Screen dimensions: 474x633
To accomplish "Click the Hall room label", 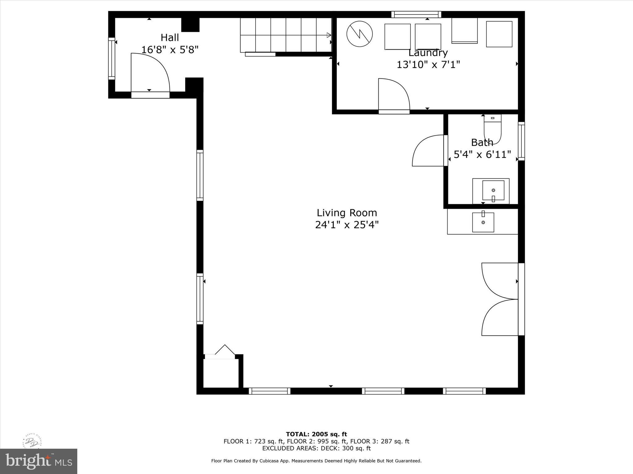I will pos(170,38).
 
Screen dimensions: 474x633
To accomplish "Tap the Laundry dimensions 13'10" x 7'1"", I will pos(428,65).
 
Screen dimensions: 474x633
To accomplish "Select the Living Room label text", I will pos(347,213).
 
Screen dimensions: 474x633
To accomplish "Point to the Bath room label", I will pos(482,143).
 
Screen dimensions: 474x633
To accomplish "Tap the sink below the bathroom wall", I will pos(483,222).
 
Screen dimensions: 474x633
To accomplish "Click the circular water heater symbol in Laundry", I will pos(359,34).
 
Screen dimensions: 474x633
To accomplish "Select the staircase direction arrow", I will pos(329,35).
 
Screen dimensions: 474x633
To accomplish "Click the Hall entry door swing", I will pos(150,73).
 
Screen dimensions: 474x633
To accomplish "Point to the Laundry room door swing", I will pos(394,94).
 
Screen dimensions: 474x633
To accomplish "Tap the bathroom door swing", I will pos(428,151).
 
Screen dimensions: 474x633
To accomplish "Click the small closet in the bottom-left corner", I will pos(221,373).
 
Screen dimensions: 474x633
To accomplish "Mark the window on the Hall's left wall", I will pos(111,59).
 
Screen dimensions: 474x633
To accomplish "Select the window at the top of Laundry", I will pos(416,14).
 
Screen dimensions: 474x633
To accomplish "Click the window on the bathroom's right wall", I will pos(521,141).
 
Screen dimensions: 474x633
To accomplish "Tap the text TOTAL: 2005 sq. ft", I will pos(316,434).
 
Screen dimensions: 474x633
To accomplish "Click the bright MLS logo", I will pos(39,461).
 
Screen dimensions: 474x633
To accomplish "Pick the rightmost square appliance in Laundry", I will pos(499,34).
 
